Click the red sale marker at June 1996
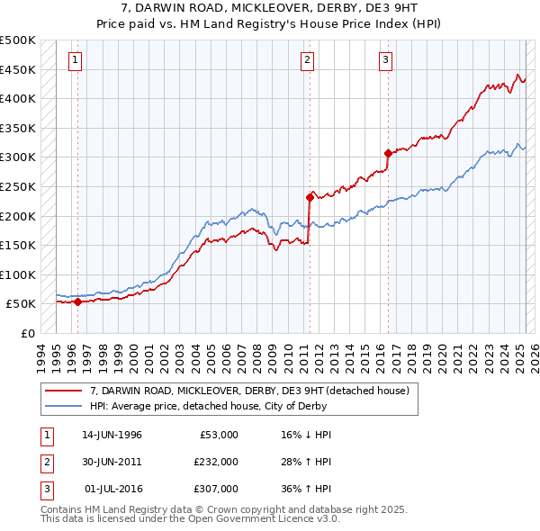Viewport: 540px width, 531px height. [x=77, y=302]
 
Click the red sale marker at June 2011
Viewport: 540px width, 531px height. [x=309, y=197]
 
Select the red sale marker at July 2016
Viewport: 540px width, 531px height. [x=388, y=153]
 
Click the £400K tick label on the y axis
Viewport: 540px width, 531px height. [x=18, y=98]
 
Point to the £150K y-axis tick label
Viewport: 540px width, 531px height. [x=18, y=245]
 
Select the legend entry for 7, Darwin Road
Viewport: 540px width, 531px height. [x=249, y=391]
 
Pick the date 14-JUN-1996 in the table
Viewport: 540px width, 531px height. [x=112, y=435]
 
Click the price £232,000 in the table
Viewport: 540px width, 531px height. [x=216, y=462]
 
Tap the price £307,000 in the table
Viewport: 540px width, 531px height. [x=216, y=489]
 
